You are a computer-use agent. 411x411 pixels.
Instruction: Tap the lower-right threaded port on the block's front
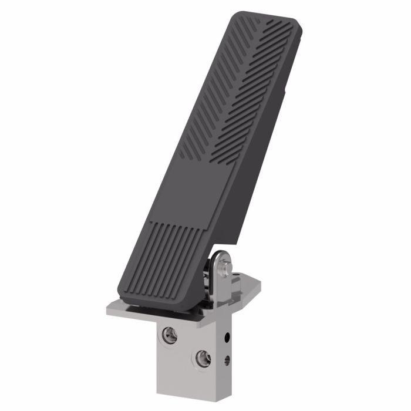[203, 358]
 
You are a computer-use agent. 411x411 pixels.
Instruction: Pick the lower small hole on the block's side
[228, 359]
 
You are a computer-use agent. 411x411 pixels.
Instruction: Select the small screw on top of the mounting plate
[235, 274]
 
